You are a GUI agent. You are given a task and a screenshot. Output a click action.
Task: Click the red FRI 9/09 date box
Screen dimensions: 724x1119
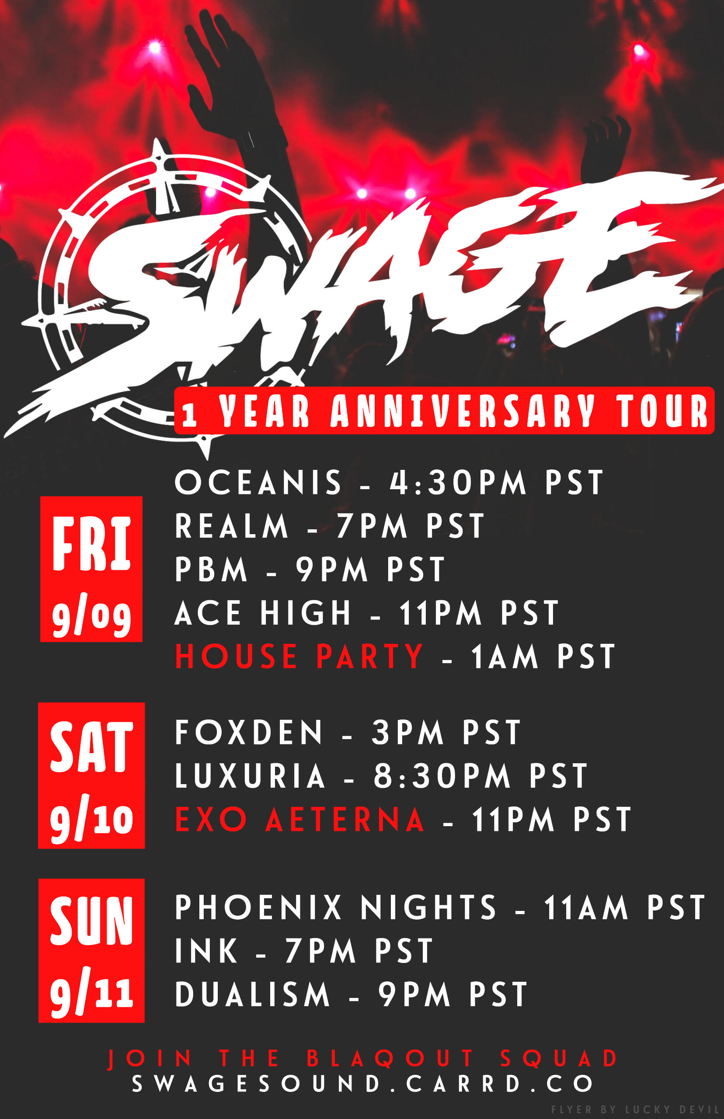[91, 569]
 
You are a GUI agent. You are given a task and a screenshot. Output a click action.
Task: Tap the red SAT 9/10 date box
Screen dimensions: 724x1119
[91, 775]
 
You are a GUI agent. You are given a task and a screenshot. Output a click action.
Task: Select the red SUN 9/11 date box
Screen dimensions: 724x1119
[91, 950]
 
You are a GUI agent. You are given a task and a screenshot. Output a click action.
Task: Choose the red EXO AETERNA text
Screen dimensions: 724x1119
[299, 820]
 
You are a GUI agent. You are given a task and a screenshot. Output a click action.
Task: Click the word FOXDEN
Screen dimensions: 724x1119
[249, 732]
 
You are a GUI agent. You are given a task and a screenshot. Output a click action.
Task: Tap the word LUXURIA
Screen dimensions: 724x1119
[250, 775]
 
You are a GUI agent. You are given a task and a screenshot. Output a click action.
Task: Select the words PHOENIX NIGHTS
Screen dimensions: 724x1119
[336, 907]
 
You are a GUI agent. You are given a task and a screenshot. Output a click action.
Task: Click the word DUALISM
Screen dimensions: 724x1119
[252, 994]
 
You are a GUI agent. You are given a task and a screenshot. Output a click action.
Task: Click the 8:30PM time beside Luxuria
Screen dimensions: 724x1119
[442, 775]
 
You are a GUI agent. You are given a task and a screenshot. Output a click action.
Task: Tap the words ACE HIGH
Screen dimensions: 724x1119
[263, 613]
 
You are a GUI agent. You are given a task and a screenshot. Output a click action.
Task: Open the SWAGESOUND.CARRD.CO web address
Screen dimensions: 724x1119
[362, 1084]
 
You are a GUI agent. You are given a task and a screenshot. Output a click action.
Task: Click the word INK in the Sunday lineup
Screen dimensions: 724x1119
[206, 951]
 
